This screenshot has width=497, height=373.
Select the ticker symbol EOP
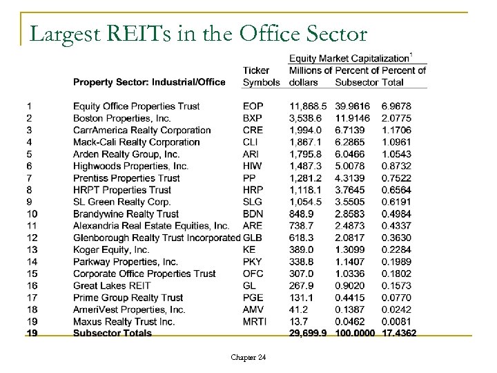pyautogui.click(x=253, y=106)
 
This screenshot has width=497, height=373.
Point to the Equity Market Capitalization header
pyautogui.click(x=349, y=58)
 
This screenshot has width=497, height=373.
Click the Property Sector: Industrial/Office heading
pyautogui.click(x=149, y=82)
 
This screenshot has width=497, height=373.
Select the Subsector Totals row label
pyautogui.click(x=112, y=334)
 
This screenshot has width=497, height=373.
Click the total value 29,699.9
pyautogui.click(x=306, y=334)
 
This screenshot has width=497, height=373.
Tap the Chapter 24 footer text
pyautogui.click(x=249, y=357)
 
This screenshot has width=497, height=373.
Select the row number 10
pyautogui.click(x=32, y=214)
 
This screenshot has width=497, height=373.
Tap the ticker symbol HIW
pyautogui.click(x=252, y=166)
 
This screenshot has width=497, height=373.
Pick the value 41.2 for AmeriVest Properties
pyautogui.click(x=298, y=310)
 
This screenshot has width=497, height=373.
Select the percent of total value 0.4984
pyautogui.click(x=396, y=214)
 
